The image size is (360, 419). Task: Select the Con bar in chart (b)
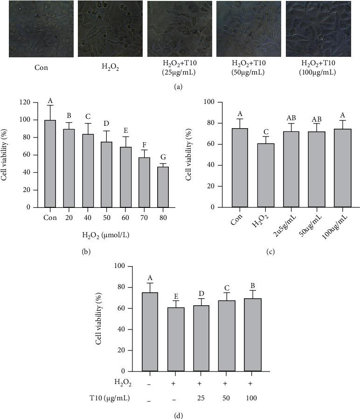[x=50, y=163]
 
